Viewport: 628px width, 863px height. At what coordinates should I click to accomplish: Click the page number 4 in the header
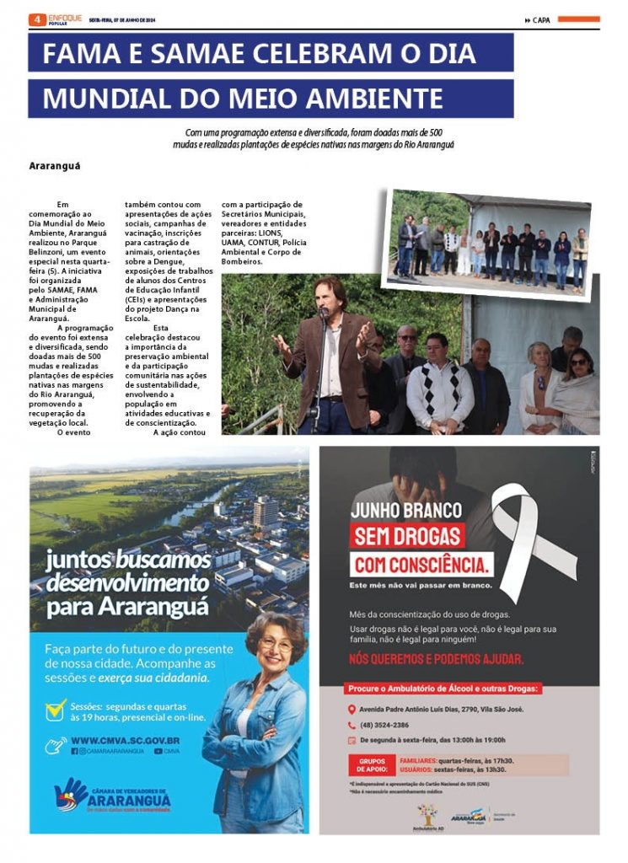point(37,19)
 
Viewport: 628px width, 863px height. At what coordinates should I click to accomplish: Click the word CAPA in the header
point(541,20)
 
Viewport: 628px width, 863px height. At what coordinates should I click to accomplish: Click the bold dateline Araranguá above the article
point(54,165)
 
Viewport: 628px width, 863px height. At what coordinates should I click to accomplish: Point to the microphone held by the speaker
point(324,313)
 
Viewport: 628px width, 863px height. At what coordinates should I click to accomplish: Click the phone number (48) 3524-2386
point(384,725)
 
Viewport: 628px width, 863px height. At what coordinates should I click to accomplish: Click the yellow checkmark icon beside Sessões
point(56,709)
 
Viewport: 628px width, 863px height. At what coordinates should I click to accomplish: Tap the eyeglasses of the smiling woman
point(276,645)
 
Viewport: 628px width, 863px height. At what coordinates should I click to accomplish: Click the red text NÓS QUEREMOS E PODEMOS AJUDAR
point(436,659)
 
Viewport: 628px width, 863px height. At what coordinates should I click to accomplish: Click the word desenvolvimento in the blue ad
point(127,582)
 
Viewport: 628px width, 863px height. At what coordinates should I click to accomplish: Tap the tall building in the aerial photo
point(266,512)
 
